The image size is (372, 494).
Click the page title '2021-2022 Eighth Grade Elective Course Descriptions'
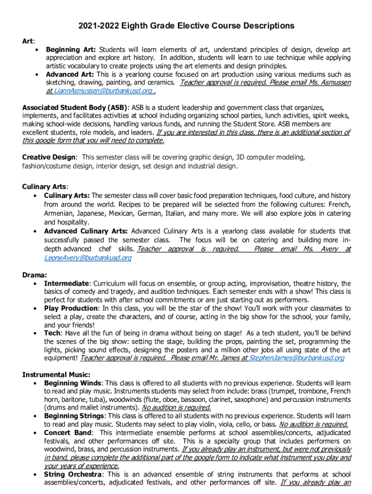tap(186, 26)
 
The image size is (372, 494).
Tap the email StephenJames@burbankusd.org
tap(297, 358)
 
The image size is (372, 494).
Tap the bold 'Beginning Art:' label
tap(71, 49)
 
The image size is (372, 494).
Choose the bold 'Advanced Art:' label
tap(70, 74)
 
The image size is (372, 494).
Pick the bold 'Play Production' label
tap(71, 308)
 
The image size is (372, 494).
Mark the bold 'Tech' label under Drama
tap(52, 333)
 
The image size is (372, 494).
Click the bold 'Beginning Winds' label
tap(72, 383)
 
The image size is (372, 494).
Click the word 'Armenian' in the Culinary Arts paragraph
tap(59, 213)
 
